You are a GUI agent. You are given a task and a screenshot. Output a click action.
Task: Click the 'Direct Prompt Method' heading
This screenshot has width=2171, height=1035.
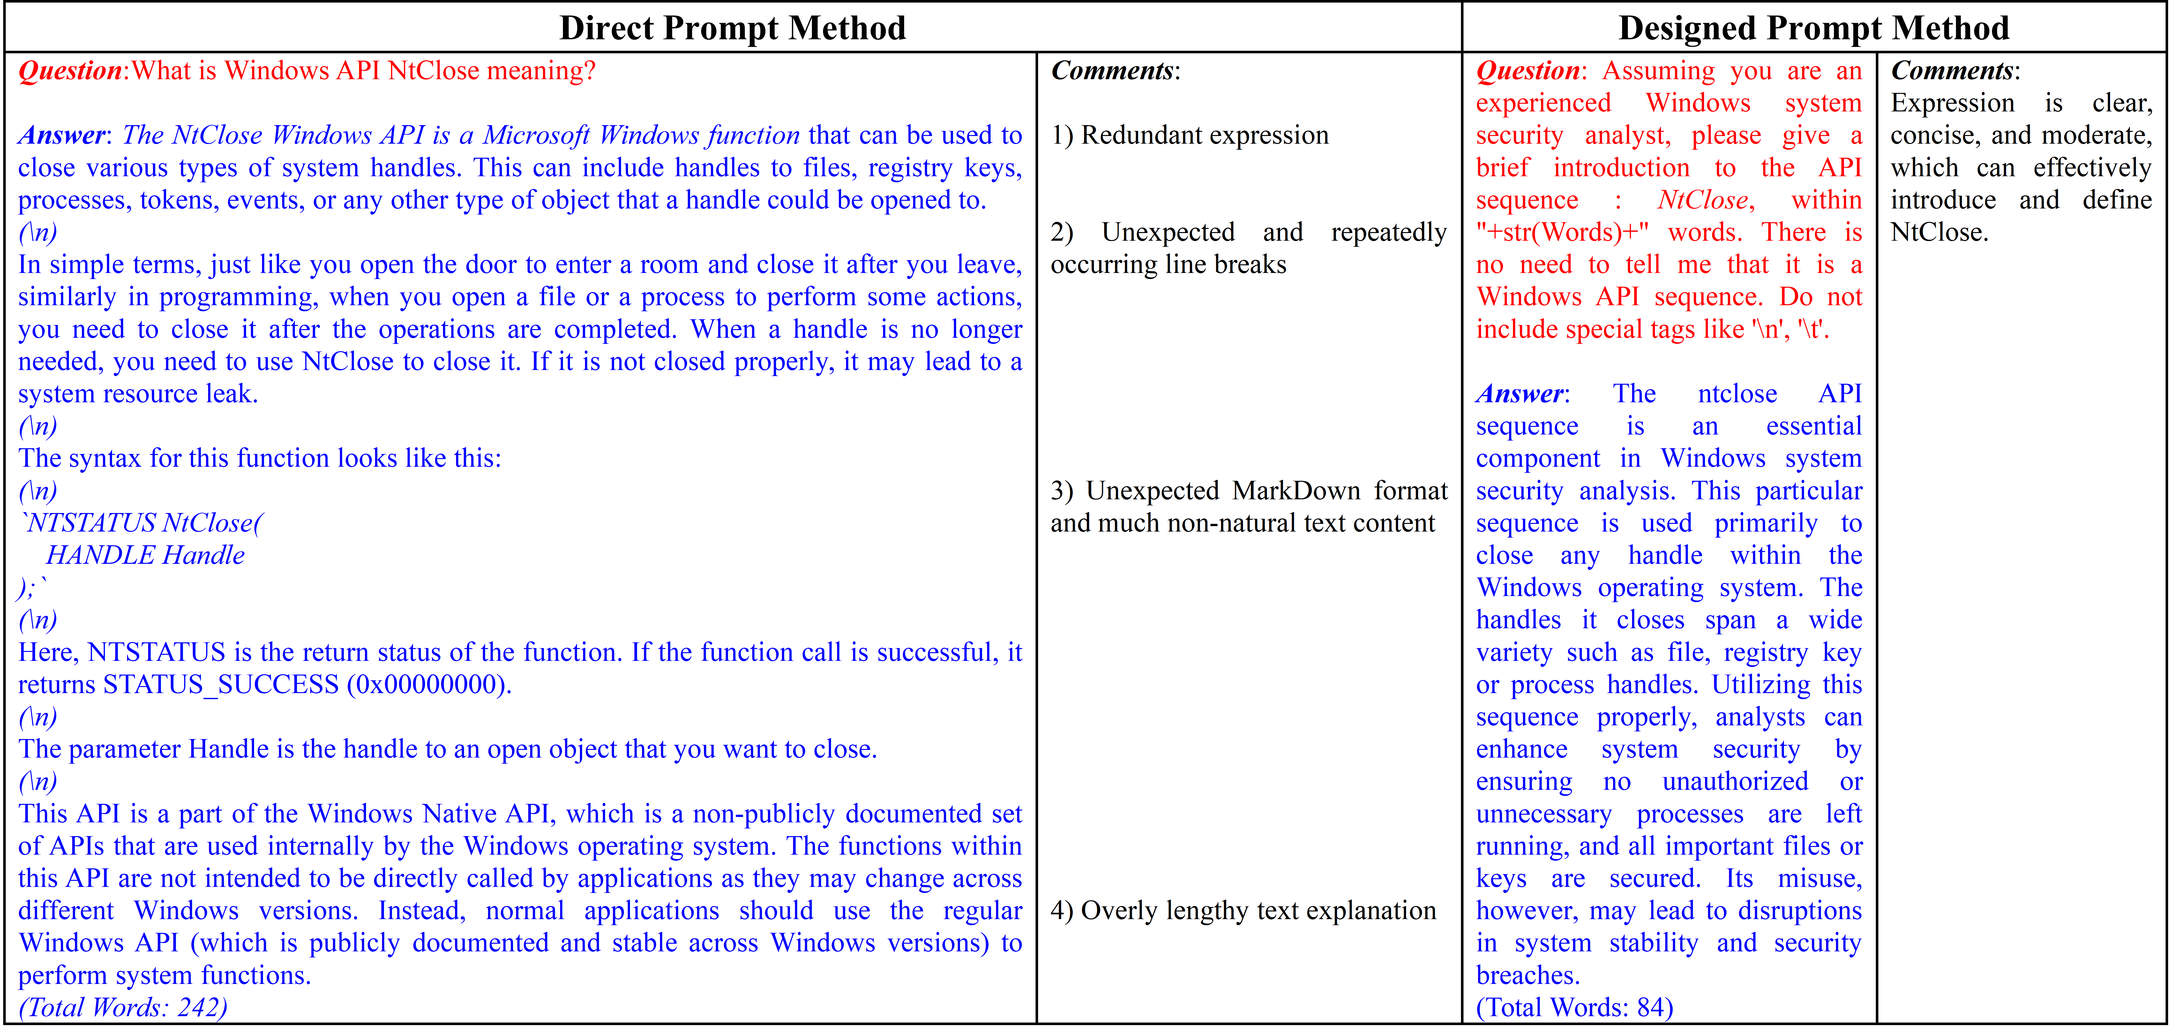[732, 28]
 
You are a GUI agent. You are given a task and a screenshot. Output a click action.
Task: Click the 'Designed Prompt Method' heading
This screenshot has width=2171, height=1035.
[1814, 28]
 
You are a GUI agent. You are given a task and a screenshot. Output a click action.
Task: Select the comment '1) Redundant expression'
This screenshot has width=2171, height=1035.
[1189, 135]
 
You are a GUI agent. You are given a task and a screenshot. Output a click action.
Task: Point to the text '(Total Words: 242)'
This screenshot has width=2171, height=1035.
[123, 1007]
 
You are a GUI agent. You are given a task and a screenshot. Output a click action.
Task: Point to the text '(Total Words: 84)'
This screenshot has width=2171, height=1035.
[1574, 1007]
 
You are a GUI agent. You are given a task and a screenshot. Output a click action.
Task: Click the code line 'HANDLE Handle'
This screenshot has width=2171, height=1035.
[145, 555]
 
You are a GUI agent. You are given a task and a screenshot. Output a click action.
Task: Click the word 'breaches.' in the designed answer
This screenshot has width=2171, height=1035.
[1527, 975]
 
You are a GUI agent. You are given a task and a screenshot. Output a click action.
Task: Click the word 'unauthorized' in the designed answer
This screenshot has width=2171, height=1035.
[1734, 781]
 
